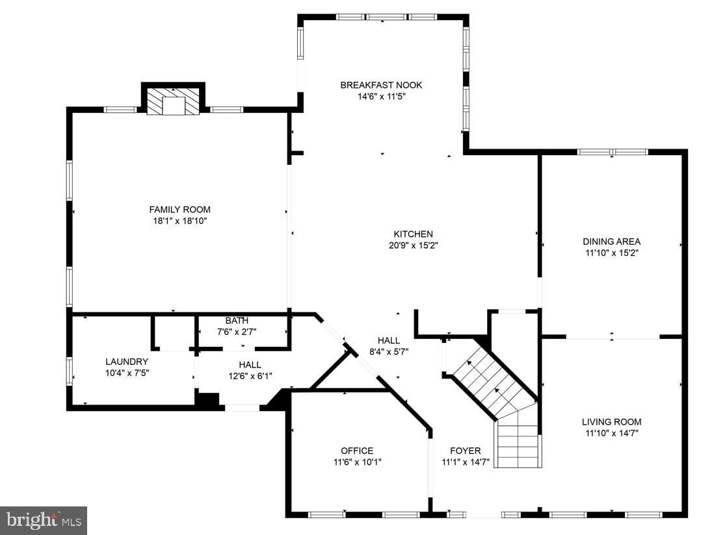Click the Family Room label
(x=179, y=210)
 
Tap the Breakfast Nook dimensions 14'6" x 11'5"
(x=381, y=96)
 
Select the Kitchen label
(x=413, y=234)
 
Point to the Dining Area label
(x=611, y=242)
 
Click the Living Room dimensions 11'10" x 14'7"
(x=611, y=432)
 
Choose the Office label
(x=357, y=451)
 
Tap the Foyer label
(x=466, y=451)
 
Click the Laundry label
(x=127, y=362)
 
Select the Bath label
(x=237, y=321)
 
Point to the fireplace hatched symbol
(x=173, y=103)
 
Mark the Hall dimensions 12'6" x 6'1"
(x=250, y=375)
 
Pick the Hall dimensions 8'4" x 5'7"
(x=389, y=351)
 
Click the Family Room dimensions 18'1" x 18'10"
(x=179, y=221)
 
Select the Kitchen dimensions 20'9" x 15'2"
(x=413, y=245)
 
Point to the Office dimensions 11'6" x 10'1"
(x=357, y=462)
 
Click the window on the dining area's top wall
(x=612, y=152)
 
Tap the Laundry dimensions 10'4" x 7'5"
(x=127, y=373)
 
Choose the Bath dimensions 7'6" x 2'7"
(x=237, y=331)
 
